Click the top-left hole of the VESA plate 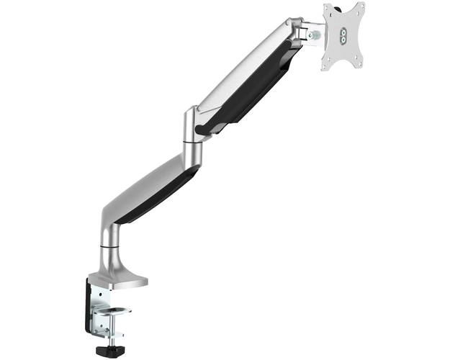click(329, 12)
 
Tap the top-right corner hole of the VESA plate click(358, 9)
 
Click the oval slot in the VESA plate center click(343, 38)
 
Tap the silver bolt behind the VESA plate click(315, 34)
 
